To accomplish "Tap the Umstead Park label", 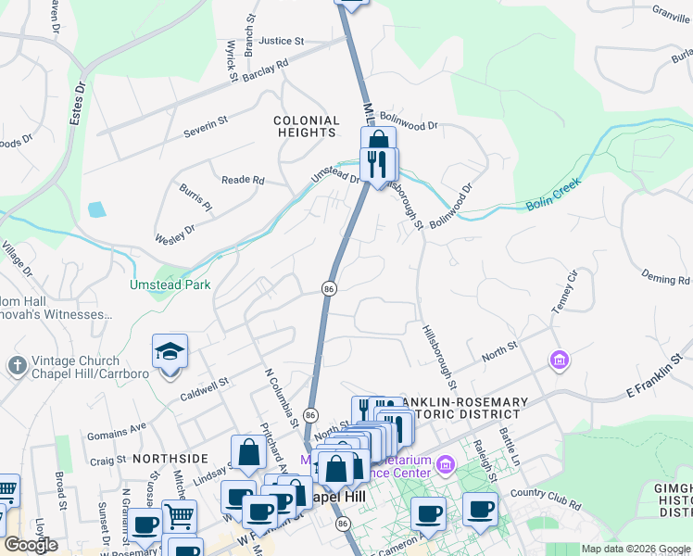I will [170, 285].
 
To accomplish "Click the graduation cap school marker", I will [170, 353].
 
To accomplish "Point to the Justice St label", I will [282, 41].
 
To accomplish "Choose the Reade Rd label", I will [243, 180].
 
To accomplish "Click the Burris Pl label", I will [195, 196].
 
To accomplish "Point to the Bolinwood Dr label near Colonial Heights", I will [408, 124].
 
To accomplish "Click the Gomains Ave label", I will [118, 428].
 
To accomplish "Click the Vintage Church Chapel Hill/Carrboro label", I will [73, 367].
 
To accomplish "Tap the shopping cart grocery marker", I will [180, 515].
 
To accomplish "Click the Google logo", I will [31, 545].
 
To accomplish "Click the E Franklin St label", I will [658, 383].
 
